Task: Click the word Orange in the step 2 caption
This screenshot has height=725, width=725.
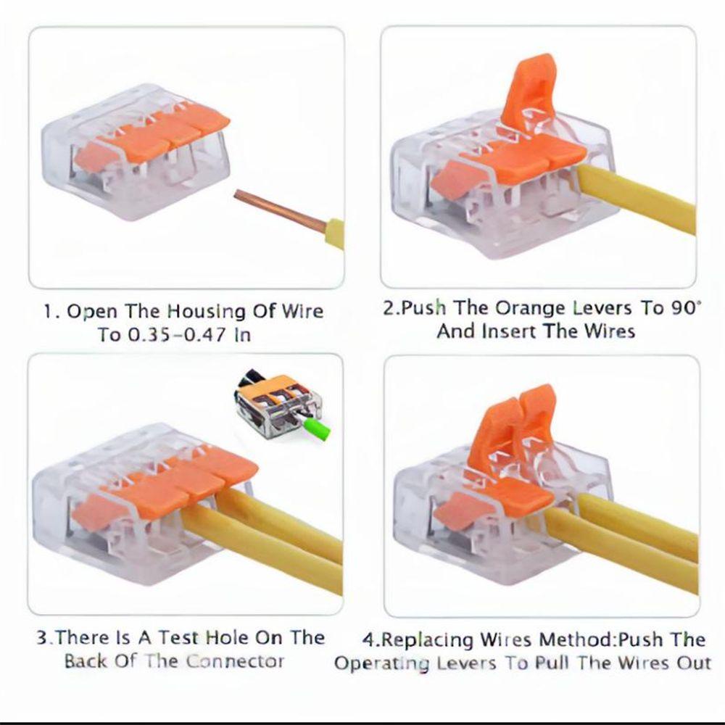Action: [x=527, y=307]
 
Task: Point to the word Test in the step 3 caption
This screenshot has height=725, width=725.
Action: [x=181, y=638]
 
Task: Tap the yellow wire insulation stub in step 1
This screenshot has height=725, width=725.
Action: [x=334, y=233]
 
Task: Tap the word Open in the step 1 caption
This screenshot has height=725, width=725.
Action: [x=92, y=312]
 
